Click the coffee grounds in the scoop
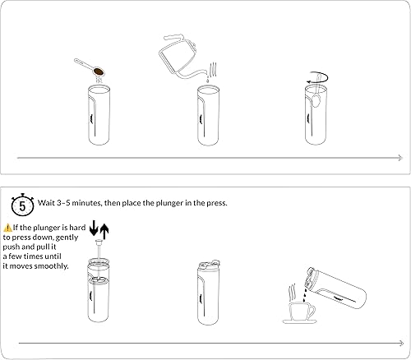tap(99, 72)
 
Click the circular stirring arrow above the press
tap(317, 78)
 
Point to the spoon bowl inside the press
tap(316, 100)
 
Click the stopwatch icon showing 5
tap(22, 205)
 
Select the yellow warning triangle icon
tap(7, 228)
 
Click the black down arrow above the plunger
tap(94, 228)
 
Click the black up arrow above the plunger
tap(104, 232)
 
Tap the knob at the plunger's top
tap(99, 242)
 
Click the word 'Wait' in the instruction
tap(46, 203)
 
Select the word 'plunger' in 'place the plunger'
tap(169, 203)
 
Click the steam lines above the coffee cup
tap(293, 293)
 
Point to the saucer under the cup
tap(300, 321)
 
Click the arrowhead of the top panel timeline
tap(400, 158)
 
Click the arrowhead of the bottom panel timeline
tap(401, 343)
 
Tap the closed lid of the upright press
tap(209, 265)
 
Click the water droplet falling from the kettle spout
tap(207, 80)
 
